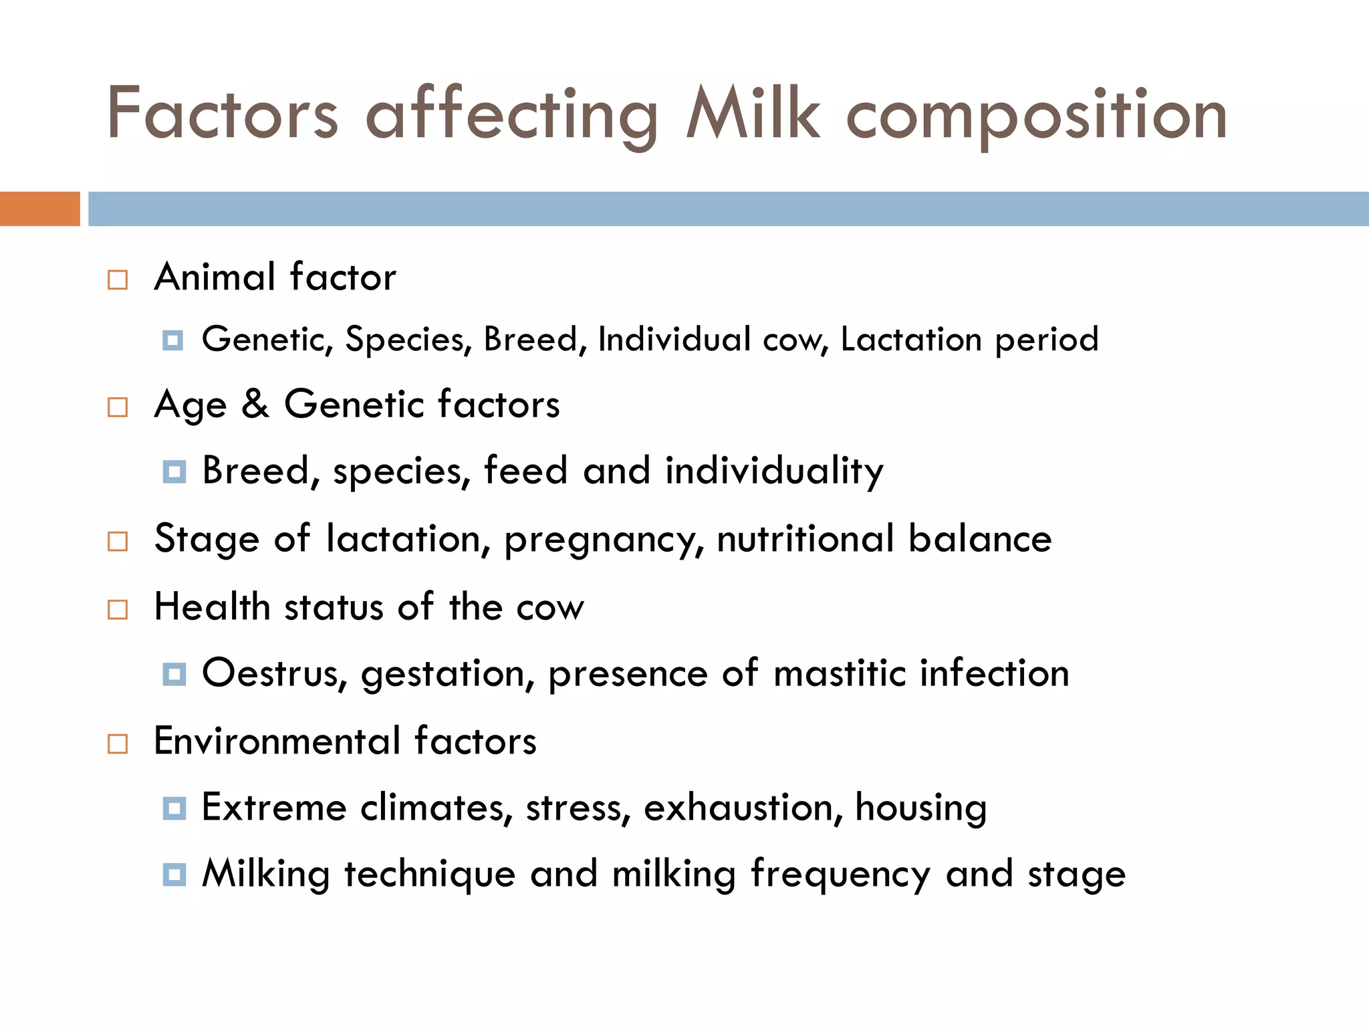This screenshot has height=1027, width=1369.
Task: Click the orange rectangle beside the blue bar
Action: tap(39, 209)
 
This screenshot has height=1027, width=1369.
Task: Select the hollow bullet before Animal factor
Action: tap(118, 279)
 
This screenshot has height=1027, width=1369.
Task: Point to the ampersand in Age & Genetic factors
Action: tap(255, 404)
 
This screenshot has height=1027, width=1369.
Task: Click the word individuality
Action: tap(774, 471)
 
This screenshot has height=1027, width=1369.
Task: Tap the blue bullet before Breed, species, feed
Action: tap(174, 472)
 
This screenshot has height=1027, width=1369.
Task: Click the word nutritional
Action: tap(805, 538)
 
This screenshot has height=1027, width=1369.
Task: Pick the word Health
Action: tap(212, 607)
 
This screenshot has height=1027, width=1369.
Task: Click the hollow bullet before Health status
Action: tap(118, 609)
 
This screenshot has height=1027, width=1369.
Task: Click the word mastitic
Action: tap(840, 673)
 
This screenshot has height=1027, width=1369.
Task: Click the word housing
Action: tap(920, 808)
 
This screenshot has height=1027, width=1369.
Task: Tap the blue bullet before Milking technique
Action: tap(174, 874)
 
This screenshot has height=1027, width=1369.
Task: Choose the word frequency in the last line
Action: tap(840, 875)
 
